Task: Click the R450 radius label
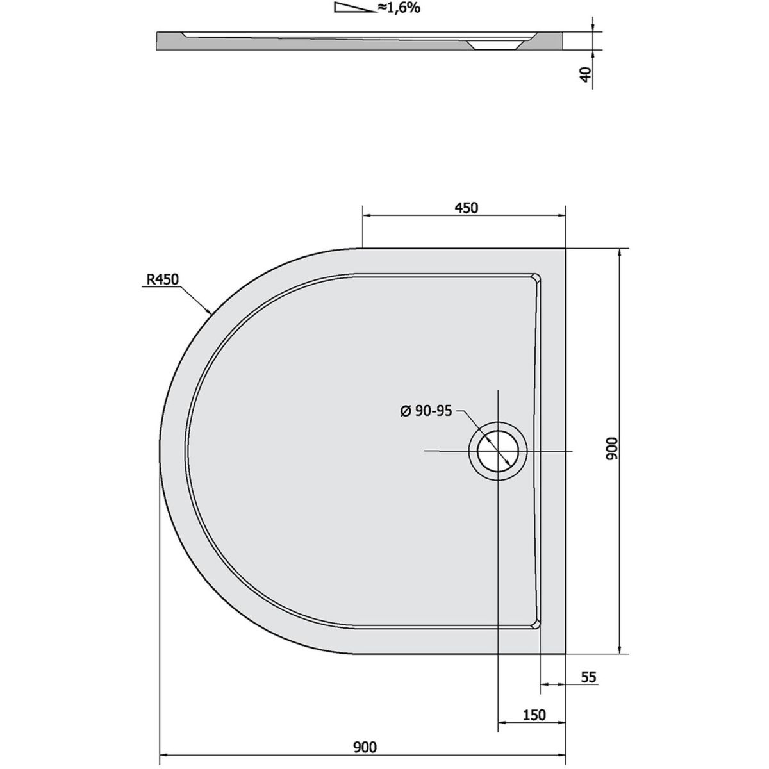[162, 279]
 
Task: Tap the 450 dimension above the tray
[466, 208]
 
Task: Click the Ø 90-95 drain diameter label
[426, 411]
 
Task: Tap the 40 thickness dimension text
[586, 74]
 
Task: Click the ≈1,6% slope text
[399, 8]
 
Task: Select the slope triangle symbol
[355, 8]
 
